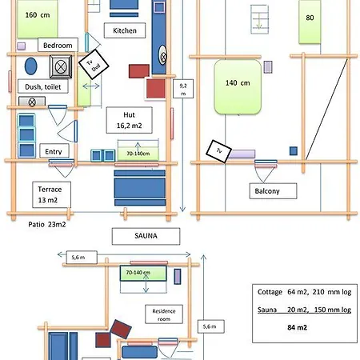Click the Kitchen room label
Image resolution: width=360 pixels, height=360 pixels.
coord(125,30)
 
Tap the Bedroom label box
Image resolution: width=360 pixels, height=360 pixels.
coord(58,45)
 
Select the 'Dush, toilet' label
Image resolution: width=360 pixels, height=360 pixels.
coord(43,86)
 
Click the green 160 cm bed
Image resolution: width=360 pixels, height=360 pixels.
coord(38,18)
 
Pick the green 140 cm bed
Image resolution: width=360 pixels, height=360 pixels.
coord(238,87)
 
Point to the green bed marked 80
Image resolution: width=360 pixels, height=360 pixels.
coord(310,22)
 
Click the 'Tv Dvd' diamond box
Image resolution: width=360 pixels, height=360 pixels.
coord(94,65)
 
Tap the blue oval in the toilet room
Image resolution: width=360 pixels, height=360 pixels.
coord(31,66)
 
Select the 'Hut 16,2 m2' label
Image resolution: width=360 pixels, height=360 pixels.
coord(130,120)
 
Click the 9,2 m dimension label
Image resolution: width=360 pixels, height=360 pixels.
coord(183,89)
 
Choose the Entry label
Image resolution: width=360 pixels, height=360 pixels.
coord(54,151)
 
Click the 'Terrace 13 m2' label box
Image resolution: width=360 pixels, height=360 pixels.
coord(52,194)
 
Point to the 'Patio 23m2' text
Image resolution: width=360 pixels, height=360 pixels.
coord(47,224)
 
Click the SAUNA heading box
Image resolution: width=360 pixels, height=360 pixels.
coord(146,236)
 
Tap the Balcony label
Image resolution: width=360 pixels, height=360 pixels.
coord(273,191)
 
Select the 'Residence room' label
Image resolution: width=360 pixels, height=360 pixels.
coord(164,314)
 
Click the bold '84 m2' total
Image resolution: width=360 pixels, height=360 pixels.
coord(297,327)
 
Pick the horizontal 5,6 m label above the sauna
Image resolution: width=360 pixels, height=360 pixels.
coord(82,258)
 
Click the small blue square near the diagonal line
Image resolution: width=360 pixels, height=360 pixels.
coord(294,151)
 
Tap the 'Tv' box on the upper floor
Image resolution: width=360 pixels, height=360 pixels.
coord(218,151)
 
